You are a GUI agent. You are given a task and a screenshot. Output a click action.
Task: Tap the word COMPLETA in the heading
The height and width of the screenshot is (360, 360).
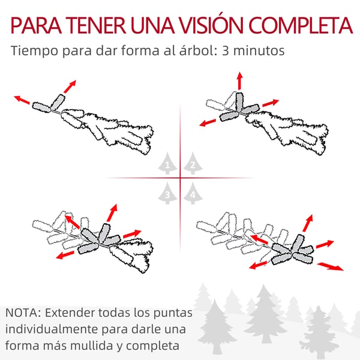(x=301, y=25)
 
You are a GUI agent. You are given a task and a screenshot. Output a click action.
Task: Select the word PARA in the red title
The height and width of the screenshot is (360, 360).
(x=36, y=25)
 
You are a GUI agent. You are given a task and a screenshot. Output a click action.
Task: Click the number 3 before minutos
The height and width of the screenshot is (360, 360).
(x=225, y=50)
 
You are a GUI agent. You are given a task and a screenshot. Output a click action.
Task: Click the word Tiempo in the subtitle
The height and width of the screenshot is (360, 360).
(x=34, y=51)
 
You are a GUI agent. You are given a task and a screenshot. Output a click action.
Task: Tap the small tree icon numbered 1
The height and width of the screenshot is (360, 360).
(x=167, y=163)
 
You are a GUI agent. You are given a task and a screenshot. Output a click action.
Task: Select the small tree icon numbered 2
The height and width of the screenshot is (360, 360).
(x=193, y=163)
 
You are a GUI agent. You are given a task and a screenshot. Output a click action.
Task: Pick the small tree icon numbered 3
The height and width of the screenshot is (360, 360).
(x=167, y=193)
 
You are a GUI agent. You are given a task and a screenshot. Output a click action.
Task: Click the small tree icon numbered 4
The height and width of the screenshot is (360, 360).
(x=193, y=193)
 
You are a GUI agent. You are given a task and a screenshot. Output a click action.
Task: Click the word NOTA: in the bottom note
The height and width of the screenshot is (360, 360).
(x=23, y=313)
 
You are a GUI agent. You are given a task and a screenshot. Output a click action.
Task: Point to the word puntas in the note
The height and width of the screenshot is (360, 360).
(x=173, y=313)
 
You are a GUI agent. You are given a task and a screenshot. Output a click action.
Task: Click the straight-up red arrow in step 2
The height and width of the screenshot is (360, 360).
(x=240, y=80)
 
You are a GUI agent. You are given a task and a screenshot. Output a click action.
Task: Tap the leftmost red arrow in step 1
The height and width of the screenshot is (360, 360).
(x=22, y=100)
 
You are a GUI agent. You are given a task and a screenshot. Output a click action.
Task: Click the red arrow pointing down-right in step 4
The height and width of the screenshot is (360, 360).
(x=331, y=266)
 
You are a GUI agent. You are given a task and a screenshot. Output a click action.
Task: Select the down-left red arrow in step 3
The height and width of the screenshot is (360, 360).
(x=65, y=255)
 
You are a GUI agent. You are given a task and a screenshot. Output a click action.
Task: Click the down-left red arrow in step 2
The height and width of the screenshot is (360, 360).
(x=208, y=122)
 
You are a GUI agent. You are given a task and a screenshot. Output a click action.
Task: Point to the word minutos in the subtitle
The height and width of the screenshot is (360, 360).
(x=259, y=50)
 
